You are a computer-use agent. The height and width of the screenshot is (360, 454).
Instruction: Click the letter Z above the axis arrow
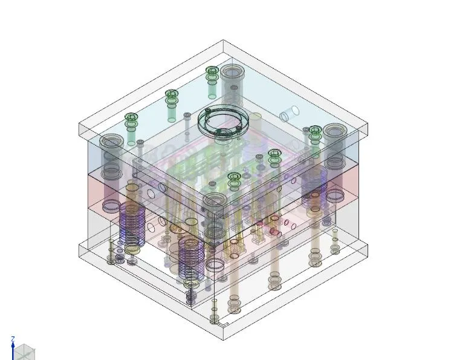[x=13, y=339]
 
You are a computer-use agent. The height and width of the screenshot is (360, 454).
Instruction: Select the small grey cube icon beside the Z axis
[x=24, y=352]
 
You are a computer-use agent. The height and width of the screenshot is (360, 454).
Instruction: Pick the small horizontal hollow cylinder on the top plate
[x=290, y=114]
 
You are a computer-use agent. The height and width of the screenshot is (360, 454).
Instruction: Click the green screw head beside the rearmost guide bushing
[x=212, y=70]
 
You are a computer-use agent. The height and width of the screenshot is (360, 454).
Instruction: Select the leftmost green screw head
[x=131, y=117]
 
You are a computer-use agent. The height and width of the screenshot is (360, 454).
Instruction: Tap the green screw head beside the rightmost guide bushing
[x=314, y=129]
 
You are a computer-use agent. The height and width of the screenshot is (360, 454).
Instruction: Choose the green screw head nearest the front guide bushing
[x=234, y=176]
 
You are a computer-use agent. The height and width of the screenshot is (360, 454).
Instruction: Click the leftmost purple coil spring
[x=132, y=223]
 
